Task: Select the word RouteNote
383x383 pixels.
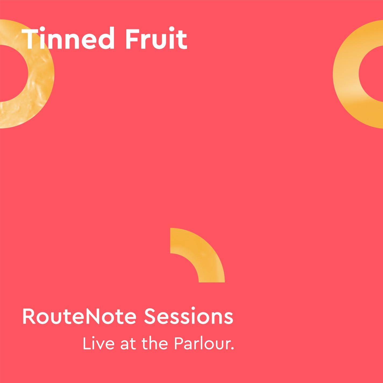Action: (80, 316)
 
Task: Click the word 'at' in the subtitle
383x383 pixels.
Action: (127, 344)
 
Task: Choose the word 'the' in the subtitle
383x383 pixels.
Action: (155, 344)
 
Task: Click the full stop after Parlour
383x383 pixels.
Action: (232, 349)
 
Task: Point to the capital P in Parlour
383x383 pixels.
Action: (179, 344)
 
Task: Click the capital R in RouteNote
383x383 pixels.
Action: (28, 316)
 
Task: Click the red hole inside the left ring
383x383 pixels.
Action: (12, 73)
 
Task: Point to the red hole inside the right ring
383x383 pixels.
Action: (372, 74)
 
